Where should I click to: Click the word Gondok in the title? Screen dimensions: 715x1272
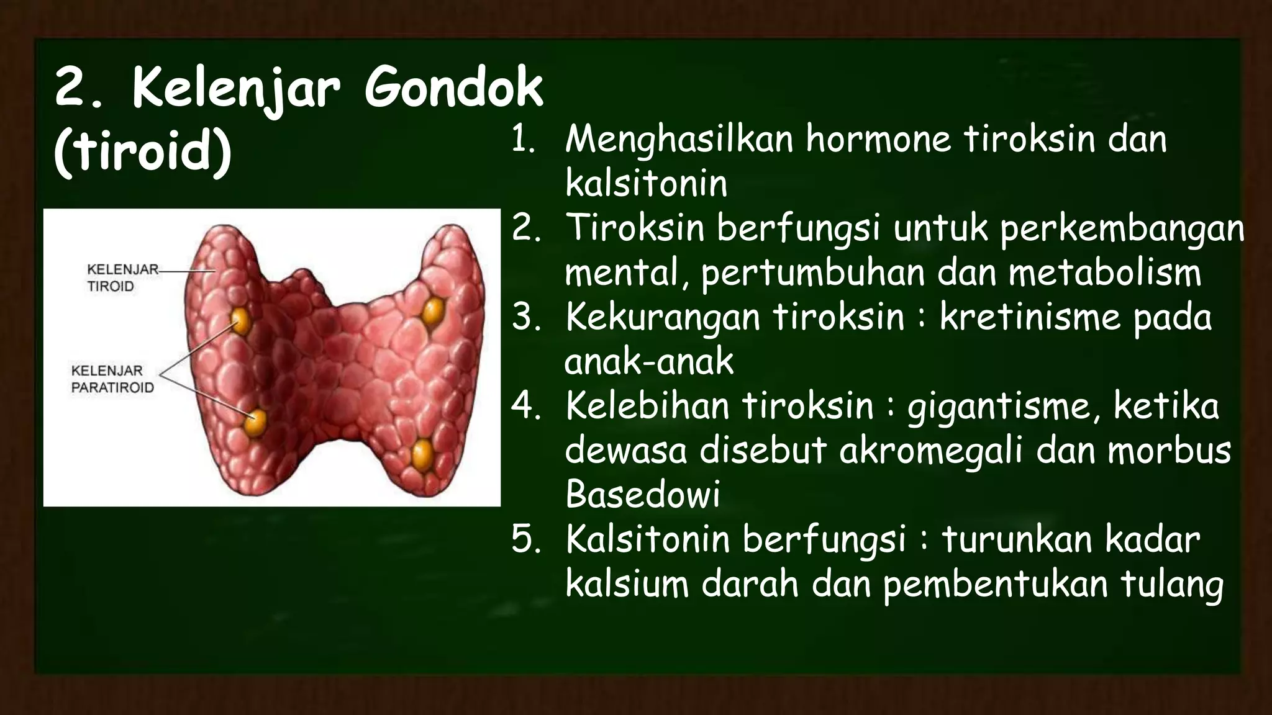(453, 89)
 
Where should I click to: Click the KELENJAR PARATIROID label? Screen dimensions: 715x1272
(112, 379)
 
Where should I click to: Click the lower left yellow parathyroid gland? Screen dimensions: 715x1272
(255, 423)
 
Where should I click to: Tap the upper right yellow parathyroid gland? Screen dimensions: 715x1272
(433, 310)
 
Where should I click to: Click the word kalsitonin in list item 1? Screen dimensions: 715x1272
(646, 184)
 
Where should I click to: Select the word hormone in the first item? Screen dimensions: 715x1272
(878, 139)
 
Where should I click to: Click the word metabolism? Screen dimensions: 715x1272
(1105, 274)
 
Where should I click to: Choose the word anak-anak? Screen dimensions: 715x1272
(649, 362)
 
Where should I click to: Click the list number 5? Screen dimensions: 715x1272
(525, 540)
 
